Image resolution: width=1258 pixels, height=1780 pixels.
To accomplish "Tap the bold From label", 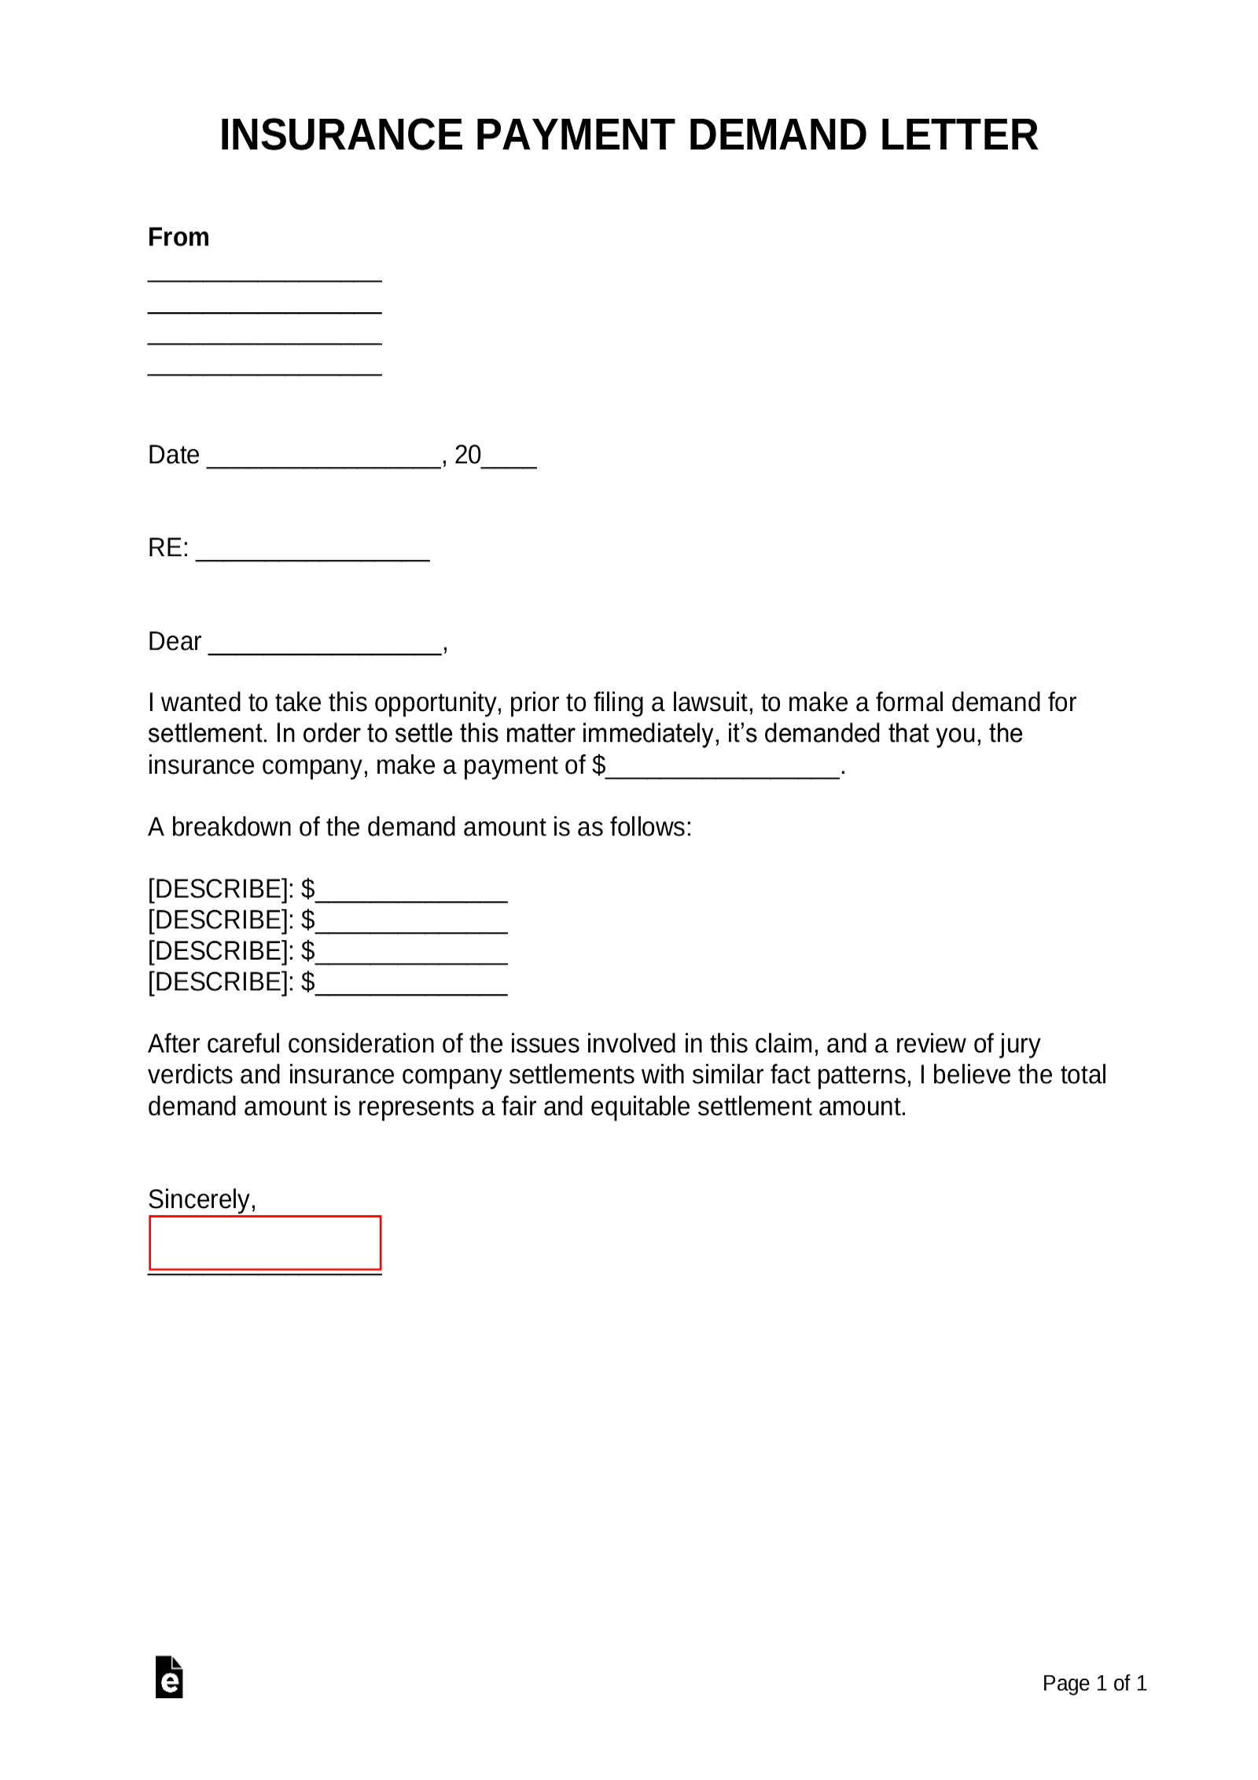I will coord(178,237).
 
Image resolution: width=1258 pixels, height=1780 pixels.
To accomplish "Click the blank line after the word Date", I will coord(322,463).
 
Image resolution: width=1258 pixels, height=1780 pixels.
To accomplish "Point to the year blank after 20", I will coord(509,463).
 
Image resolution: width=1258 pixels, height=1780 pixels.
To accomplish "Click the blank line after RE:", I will coord(312,555).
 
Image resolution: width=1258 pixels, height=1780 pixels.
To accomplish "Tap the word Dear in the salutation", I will coord(175,641).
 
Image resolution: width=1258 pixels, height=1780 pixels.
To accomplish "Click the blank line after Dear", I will coord(326,649).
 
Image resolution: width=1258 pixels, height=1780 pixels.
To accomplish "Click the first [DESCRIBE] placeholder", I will coord(220,889).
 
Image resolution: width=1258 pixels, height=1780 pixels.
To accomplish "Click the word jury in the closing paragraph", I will coord(1020,1044).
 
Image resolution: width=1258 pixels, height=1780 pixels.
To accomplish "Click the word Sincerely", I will coord(201,1199).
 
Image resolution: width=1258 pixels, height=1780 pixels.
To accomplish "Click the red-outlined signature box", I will coord(265,1243).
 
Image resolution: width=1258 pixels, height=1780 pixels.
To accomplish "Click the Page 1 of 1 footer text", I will coord(1094,1682).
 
